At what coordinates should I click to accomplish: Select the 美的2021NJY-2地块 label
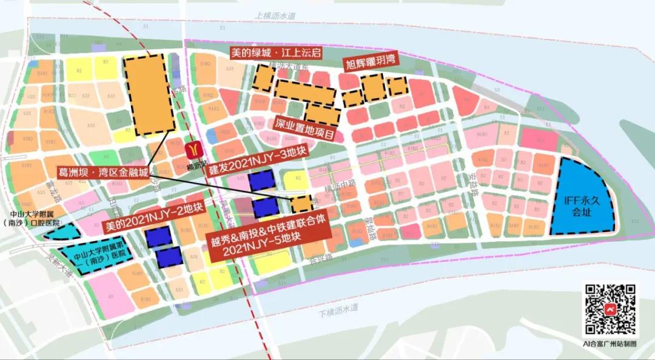tap(153, 217)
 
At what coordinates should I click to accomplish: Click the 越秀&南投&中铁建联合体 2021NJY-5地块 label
tap(270, 239)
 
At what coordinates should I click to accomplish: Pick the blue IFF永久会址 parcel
tap(580, 200)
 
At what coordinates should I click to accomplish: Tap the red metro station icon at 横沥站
tap(193, 148)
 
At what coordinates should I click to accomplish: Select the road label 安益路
tap(474, 182)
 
